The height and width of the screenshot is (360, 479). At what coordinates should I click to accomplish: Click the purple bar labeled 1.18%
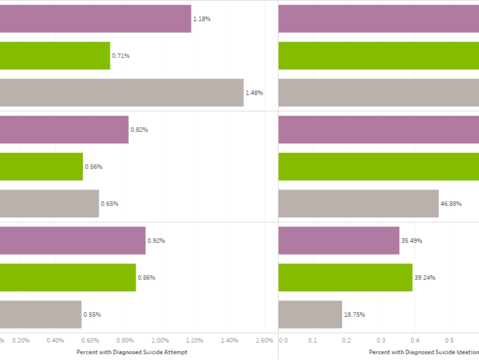point(95,19)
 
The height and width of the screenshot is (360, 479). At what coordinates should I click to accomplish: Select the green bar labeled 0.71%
point(55,56)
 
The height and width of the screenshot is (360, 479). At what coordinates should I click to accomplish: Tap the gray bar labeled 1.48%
point(122,93)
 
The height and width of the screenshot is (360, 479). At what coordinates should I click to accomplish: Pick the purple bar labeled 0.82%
point(64,130)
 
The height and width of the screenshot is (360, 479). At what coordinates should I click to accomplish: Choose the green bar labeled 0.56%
point(41,167)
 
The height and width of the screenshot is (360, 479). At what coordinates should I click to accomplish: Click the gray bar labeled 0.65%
point(49,203)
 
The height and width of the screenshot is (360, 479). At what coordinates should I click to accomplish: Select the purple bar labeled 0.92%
point(73,241)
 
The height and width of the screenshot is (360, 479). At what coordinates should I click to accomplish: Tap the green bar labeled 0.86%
point(68,277)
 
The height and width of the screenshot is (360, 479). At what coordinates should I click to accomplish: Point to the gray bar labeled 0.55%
point(41,314)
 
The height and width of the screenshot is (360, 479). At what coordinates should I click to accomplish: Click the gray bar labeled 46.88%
point(359,203)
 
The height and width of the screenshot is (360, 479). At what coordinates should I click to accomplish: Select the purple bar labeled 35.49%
point(339,241)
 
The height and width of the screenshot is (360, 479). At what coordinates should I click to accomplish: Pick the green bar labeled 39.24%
point(345,277)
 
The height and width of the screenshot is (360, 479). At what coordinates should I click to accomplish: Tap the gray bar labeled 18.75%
point(310,314)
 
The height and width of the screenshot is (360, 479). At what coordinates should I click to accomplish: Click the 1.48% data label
point(254,93)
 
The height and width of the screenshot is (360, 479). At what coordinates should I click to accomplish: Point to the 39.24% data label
point(424,277)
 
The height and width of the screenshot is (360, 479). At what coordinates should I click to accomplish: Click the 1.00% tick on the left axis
point(160,340)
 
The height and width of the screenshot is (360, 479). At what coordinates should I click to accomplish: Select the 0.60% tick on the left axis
point(90,340)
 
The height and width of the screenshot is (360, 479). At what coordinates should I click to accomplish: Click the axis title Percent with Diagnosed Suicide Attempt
point(132,351)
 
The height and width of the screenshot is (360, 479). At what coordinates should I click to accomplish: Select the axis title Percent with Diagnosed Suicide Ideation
point(423,351)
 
